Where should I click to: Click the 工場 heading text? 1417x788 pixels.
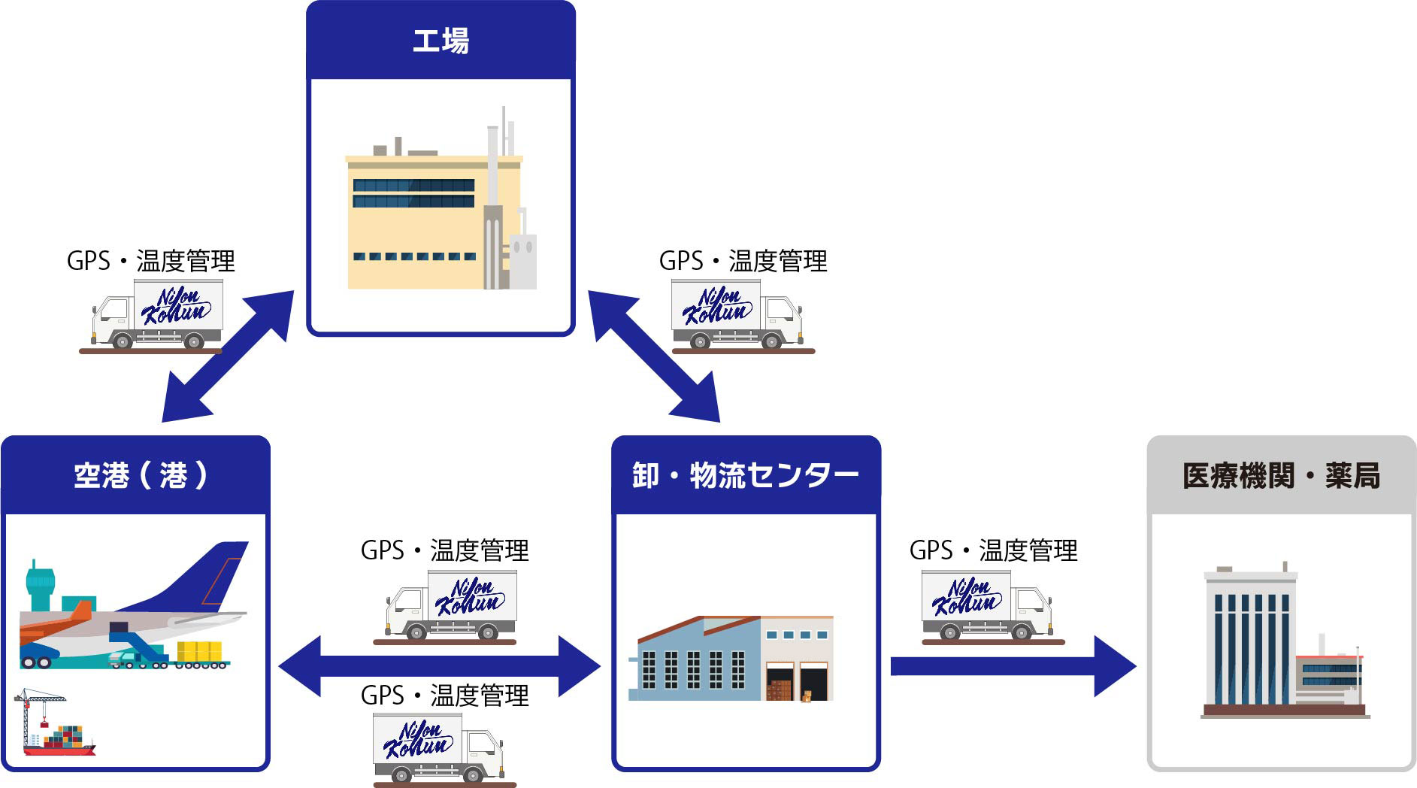tap(441, 41)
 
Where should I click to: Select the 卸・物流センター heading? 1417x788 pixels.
tap(745, 475)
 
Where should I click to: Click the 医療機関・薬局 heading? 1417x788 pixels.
tap(1281, 475)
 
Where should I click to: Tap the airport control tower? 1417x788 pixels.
tap(39, 586)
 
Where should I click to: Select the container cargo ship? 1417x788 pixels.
tap(60, 741)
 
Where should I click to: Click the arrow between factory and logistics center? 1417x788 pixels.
tap(654, 356)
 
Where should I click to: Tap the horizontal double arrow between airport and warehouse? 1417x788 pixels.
tap(439, 666)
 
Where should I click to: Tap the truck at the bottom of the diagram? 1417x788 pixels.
tap(439, 747)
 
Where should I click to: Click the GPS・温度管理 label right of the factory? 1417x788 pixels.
tap(743, 261)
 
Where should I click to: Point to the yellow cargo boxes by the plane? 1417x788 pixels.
tap(199, 651)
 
